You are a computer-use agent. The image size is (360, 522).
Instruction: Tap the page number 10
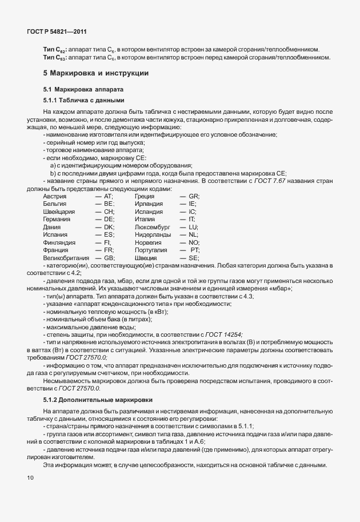(x=30, y=477)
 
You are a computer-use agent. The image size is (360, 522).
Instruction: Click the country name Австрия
(x=55, y=197)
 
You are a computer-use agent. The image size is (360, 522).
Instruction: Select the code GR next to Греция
(x=193, y=197)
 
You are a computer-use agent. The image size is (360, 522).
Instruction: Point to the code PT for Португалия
(x=194, y=250)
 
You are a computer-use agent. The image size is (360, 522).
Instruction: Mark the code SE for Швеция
(x=193, y=258)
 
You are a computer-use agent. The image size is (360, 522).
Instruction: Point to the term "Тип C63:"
(x=55, y=57)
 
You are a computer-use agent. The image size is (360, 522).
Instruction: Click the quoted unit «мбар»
(x=279, y=289)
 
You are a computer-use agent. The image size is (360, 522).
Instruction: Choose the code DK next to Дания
(x=109, y=227)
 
